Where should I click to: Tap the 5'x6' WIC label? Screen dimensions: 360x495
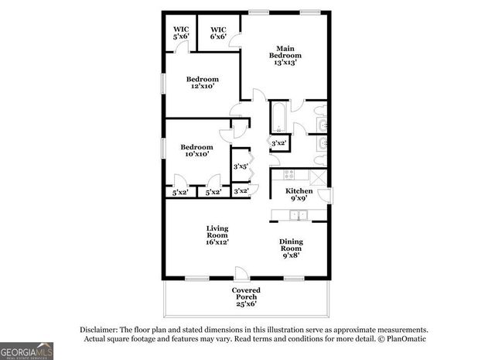coord(181,33)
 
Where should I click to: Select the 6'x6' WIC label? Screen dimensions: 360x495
coord(217,33)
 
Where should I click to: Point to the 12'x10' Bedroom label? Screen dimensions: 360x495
coord(203,82)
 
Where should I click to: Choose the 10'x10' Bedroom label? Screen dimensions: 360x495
coord(197,150)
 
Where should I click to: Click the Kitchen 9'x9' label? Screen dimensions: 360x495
coord(299,194)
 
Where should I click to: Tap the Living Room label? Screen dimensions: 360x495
coord(217,235)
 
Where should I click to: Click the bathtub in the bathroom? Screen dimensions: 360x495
coord(278,118)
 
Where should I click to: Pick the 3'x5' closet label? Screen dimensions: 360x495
coord(241,166)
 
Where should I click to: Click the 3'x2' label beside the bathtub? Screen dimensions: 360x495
coord(278,143)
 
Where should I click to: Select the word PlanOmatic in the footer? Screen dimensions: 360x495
coord(405,338)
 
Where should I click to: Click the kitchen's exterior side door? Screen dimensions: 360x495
coord(328,194)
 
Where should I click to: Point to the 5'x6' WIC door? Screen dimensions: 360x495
coord(181,46)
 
